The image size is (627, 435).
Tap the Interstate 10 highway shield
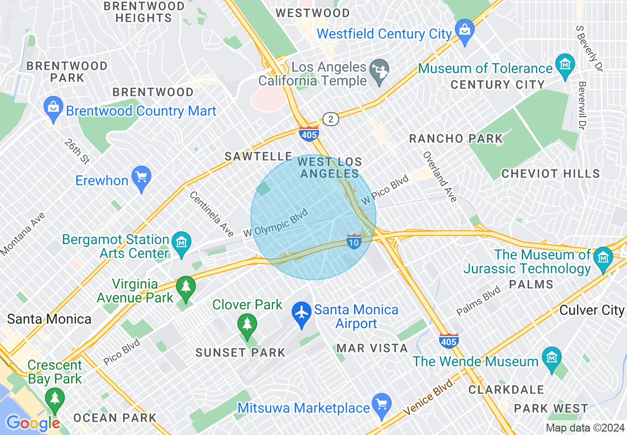point(354,241)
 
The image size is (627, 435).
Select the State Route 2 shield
point(330,119)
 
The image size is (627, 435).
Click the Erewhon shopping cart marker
point(141,178)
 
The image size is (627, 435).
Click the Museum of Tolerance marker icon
point(565,66)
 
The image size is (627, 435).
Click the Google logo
point(33,423)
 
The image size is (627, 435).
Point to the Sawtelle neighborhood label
point(258,156)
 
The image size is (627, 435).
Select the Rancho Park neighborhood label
point(455,139)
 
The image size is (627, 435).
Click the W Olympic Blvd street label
point(276,222)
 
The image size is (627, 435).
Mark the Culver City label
point(592,310)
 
